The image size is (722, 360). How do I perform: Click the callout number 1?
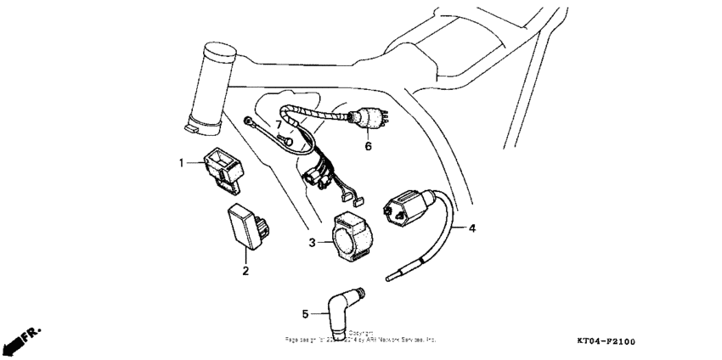pyautogui.click(x=180, y=160)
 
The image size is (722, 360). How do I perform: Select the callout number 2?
pyautogui.click(x=245, y=271)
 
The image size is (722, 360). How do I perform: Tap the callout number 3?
pyautogui.click(x=313, y=243)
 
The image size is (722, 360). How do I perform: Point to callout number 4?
pyautogui.click(x=472, y=228)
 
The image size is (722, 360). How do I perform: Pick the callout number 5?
pyautogui.click(x=305, y=314)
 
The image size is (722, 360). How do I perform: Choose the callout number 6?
pyautogui.click(x=369, y=146)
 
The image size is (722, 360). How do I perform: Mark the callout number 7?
pyautogui.click(x=277, y=125)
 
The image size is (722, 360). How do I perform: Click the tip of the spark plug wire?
pyautogui.click(x=389, y=276)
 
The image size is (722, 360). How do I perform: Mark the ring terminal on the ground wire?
pyautogui.click(x=249, y=121)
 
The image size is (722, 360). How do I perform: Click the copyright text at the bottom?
pyautogui.click(x=360, y=337)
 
